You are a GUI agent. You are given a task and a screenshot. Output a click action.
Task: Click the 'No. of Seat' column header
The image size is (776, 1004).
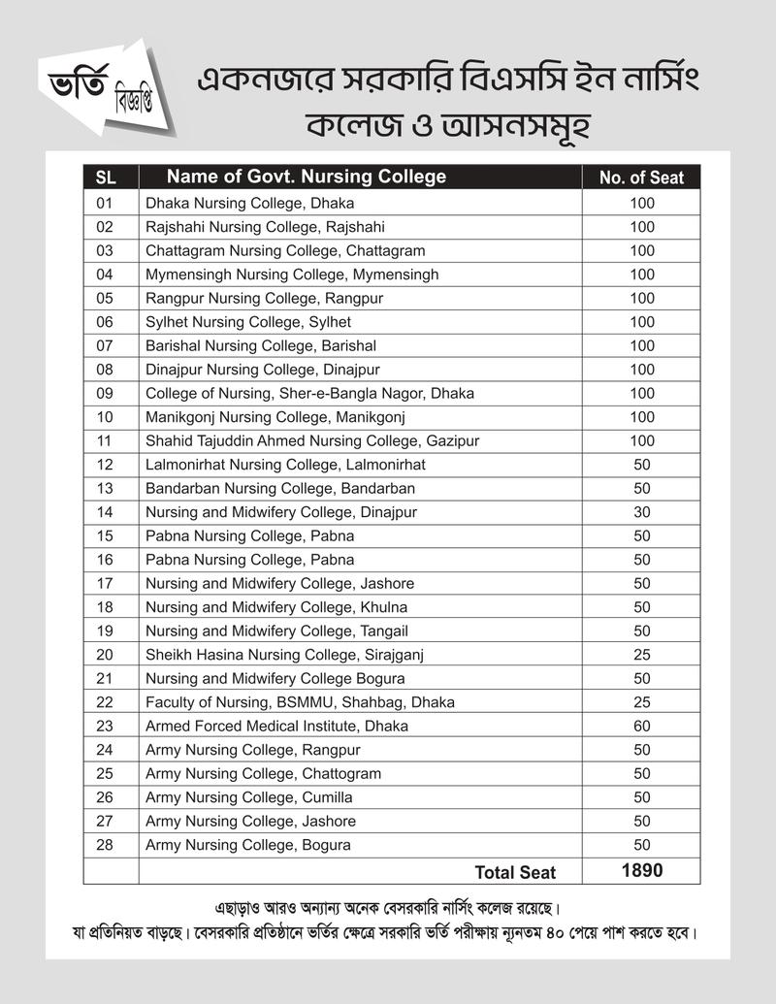point(641,178)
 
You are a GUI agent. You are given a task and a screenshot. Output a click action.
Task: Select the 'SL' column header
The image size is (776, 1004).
point(106,178)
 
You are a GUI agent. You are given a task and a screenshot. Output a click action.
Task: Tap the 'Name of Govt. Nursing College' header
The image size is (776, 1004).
point(307,177)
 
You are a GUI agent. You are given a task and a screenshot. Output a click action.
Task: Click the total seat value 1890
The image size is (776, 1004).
point(641,870)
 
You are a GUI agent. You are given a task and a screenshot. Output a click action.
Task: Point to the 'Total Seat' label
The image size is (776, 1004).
point(515,872)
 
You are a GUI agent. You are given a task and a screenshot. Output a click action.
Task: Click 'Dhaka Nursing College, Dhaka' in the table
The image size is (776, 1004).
point(249,203)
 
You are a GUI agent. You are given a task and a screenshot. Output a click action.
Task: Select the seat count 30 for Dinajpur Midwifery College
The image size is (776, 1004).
point(641,512)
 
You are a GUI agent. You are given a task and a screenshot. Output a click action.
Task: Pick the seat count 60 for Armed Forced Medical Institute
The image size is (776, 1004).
point(641,726)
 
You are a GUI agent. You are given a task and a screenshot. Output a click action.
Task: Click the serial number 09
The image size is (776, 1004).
point(106,393)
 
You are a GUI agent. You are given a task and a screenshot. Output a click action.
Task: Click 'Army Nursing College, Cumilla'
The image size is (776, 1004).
point(248,797)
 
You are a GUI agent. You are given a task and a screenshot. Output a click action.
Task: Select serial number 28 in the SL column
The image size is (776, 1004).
point(106,845)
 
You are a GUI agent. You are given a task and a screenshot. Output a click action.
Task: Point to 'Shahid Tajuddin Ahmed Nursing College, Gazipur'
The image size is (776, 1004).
point(312,440)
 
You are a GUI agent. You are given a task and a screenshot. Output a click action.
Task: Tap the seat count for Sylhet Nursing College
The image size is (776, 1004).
point(641,321)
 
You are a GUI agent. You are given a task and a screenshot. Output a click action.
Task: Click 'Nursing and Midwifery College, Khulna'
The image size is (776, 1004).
point(275,607)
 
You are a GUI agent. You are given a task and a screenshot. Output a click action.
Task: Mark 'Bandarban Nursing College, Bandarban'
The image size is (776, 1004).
point(279,488)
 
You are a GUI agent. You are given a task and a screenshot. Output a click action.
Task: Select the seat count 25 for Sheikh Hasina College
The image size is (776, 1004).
point(641,655)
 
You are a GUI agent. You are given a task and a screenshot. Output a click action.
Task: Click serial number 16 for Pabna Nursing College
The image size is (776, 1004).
point(106,560)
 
